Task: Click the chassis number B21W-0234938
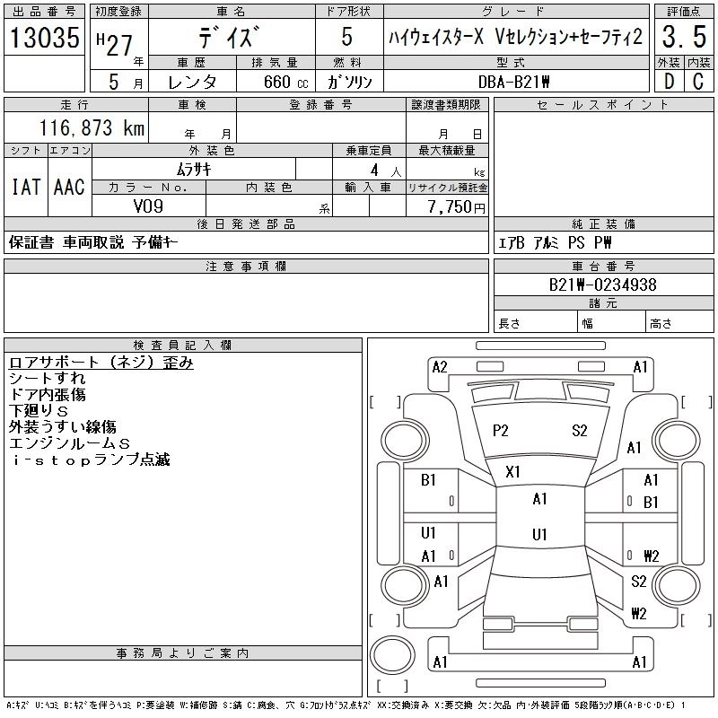[x=603, y=285]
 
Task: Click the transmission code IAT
[x=25, y=187]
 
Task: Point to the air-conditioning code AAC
[x=68, y=187]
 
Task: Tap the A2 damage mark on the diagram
[x=440, y=366]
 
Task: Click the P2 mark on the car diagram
[x=501, y=431]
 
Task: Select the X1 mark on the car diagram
[x=513, y=471]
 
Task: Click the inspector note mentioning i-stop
[x=90, y=460]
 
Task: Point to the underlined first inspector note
[x=101, y=363]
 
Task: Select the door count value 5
[x=347, y=39]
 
